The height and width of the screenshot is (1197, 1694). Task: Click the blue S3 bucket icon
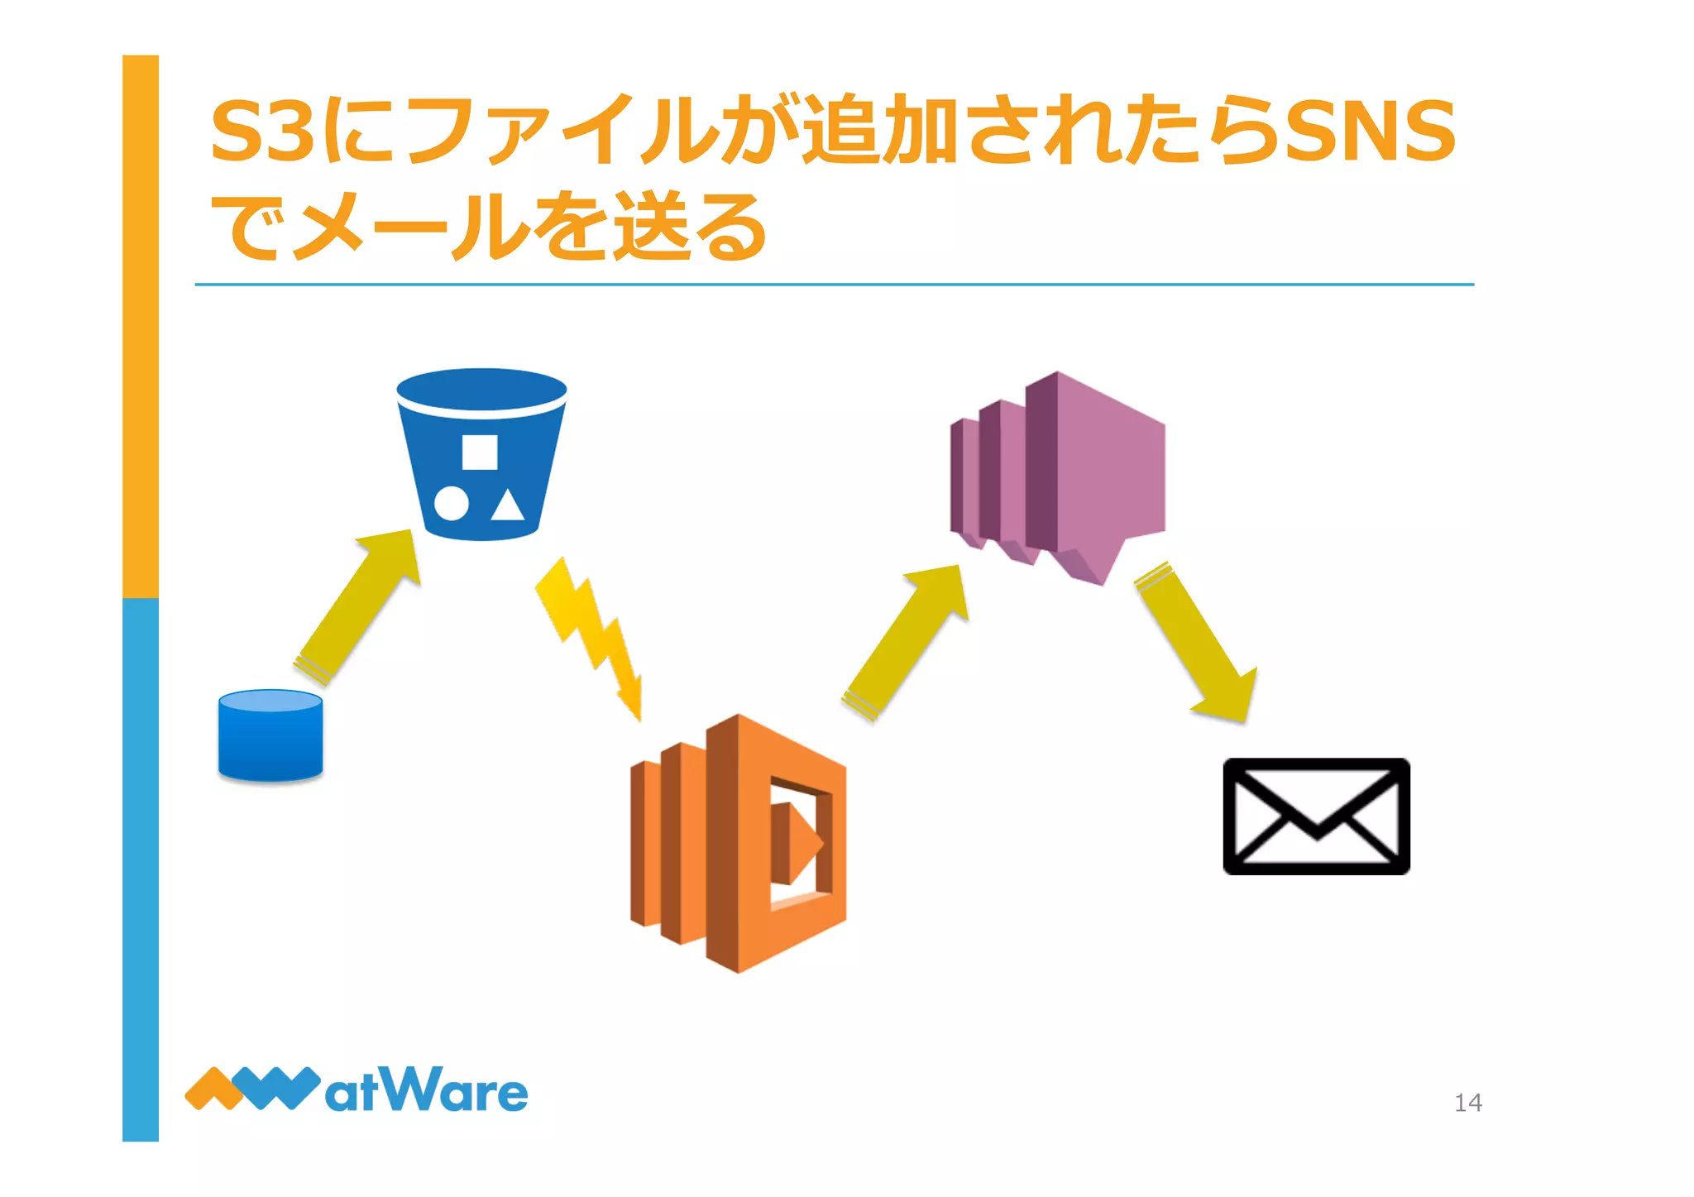tap(481, 455)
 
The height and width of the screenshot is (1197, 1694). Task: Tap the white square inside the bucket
tap(480, 452)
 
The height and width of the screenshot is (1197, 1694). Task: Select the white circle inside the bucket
tap(452, 503)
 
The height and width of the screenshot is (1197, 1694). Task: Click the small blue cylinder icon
tap(270, 735)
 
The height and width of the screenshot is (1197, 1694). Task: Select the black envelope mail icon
tap(1316, 816)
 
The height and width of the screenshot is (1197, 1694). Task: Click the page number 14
tap(1467, 1103)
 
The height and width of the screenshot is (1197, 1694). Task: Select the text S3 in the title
tap(262, 131)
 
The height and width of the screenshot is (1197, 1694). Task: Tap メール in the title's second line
tap(414, 226)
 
